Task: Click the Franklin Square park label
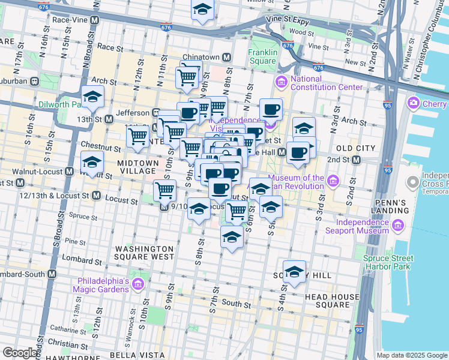263,56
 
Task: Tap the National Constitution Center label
327,83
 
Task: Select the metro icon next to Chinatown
227,57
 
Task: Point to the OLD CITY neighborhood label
355,148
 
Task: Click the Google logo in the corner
20,352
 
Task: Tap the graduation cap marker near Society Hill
294,271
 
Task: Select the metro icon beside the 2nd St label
357,160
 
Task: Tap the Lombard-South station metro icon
52,274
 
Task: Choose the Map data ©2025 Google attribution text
412,355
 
